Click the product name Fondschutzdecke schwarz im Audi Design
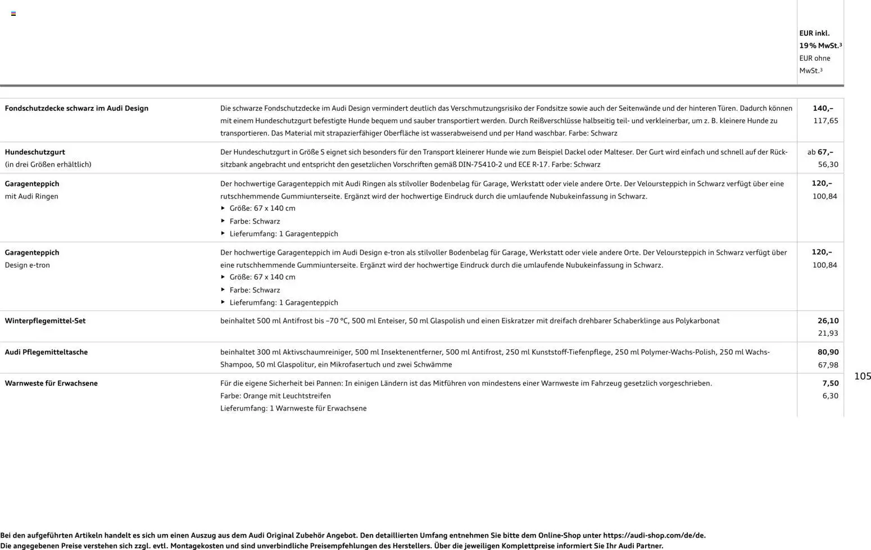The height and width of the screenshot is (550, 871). click(x=76, y=109)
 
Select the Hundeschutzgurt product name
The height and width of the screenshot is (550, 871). click(x=35, y=152)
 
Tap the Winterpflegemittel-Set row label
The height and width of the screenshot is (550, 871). click(x=45, y=321)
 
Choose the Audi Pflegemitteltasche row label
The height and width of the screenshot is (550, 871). click(x=46, y=353)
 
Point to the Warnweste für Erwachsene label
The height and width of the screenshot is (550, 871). click(x=51, y=384)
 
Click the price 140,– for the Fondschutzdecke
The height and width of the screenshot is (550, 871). click(x=823, y=109)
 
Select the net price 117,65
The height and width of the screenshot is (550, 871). click(x=825, y=121)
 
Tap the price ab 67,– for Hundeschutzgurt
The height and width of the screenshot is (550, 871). click(x=820, y=152)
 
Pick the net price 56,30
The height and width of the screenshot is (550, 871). click(x=828, y=165)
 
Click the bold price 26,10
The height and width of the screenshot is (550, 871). click(x=828, y=321)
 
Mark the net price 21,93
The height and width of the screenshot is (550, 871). click(x=828, y=333)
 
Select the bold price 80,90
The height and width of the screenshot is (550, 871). click(x=828, y=353)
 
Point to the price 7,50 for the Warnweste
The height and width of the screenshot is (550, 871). click(x=830, y=384)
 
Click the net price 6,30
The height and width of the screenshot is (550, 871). click(x=830, y=396)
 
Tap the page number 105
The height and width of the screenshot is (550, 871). click(x=863, y=376)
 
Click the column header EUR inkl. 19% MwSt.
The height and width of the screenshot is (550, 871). click(x=820, y=39)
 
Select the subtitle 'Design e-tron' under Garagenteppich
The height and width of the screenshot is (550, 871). click(x=28, y=265)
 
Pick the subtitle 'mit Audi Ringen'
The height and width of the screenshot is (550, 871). click(x=31, y=197)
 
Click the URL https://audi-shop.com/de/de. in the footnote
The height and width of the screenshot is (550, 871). click(x=654, y=536)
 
